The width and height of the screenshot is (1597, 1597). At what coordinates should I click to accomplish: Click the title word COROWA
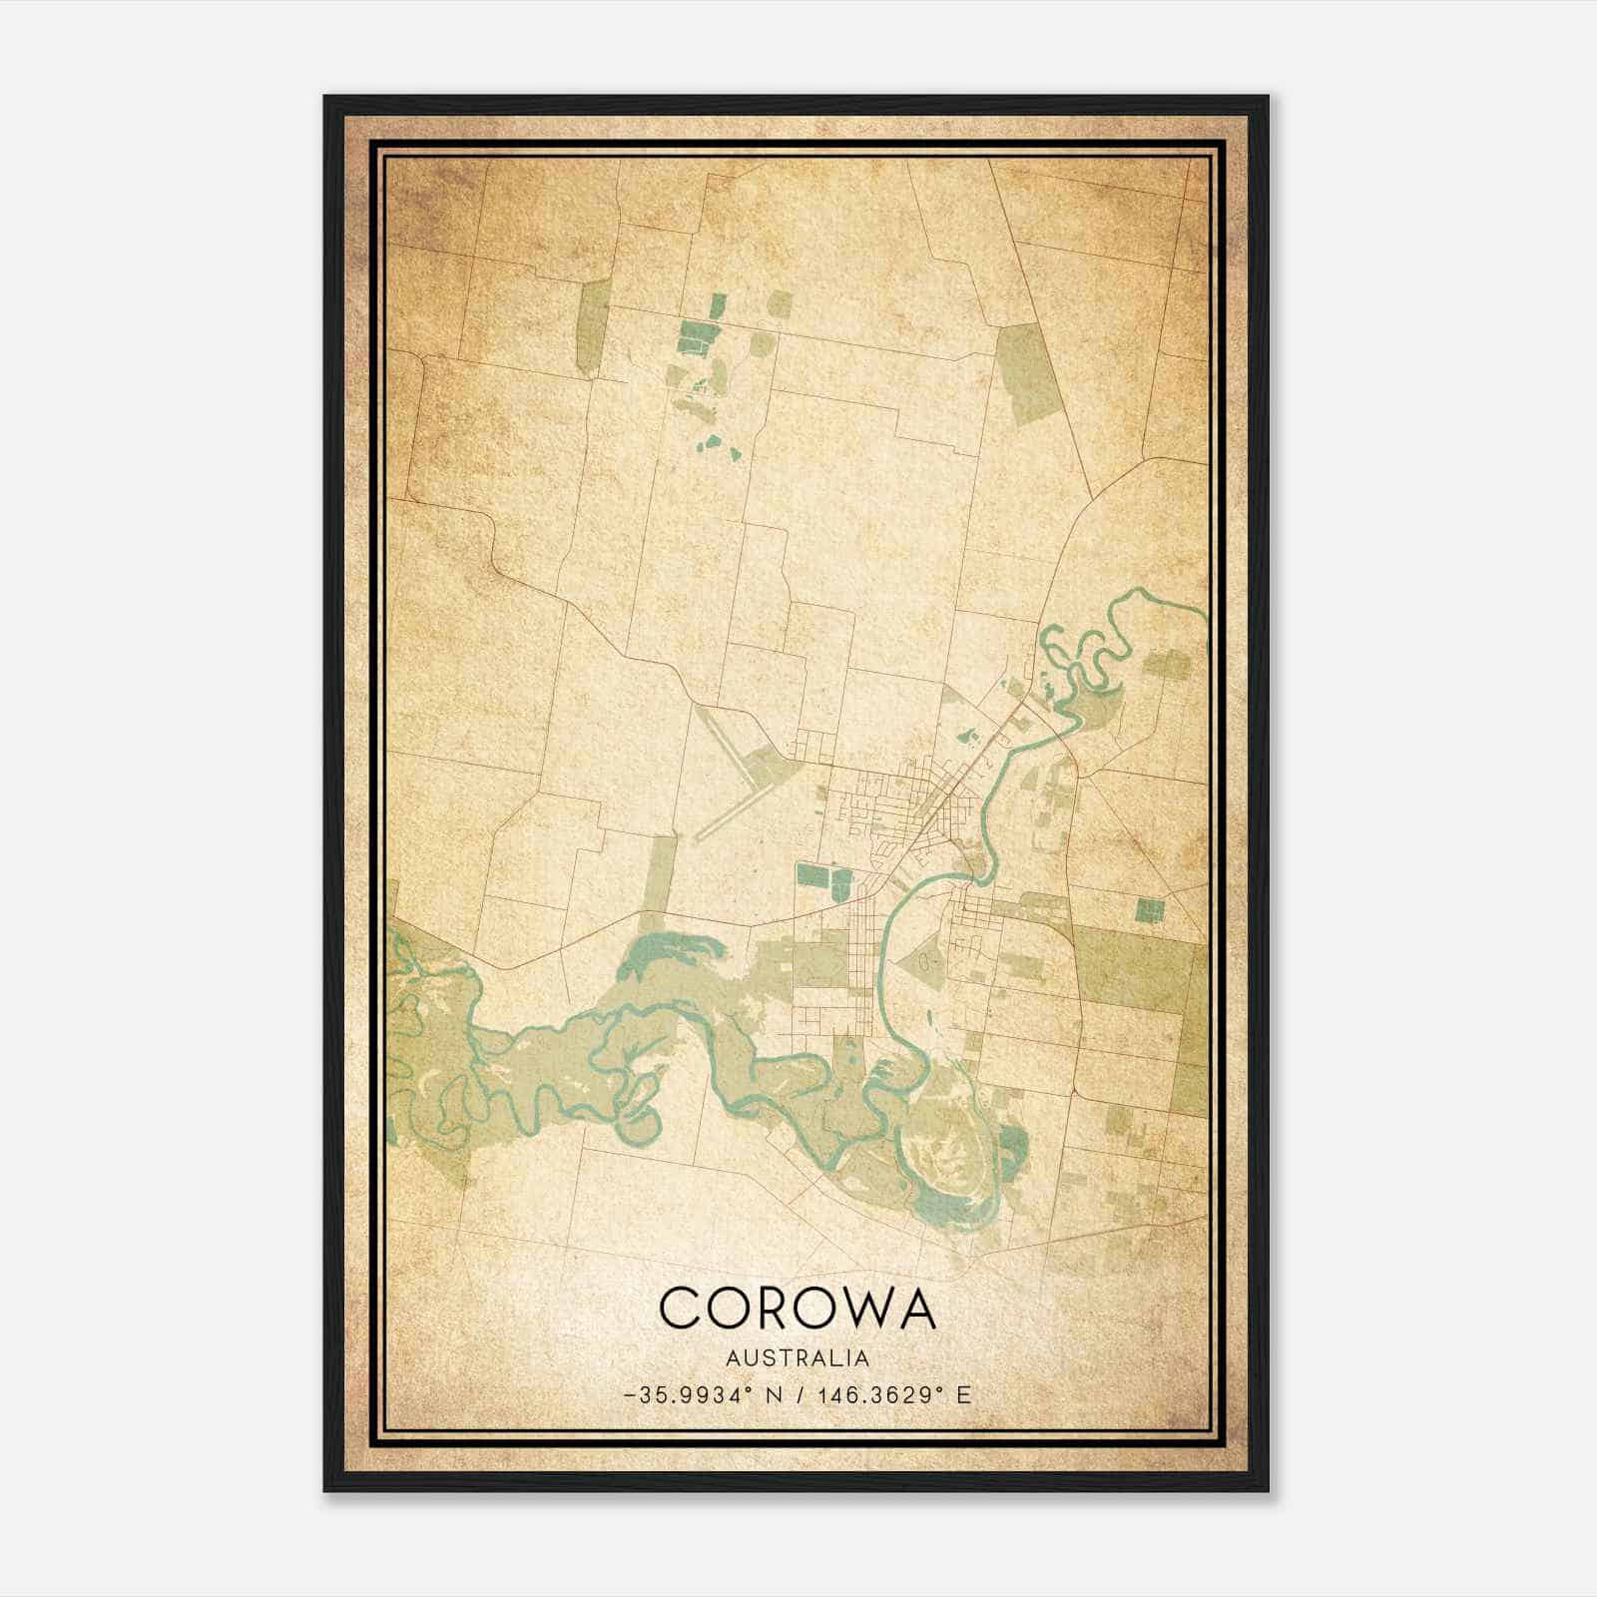(798, 1308)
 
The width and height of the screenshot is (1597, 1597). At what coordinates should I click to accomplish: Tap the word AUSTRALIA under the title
(798, 1358)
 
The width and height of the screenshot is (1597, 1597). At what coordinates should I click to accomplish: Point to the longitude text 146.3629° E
(893, 1395)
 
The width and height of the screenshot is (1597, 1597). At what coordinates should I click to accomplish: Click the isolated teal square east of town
(1150, 909)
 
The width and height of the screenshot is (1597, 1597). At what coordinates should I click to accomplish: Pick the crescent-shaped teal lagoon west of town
(664, 953)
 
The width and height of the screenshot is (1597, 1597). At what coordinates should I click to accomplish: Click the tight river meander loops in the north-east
(1083, 659)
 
